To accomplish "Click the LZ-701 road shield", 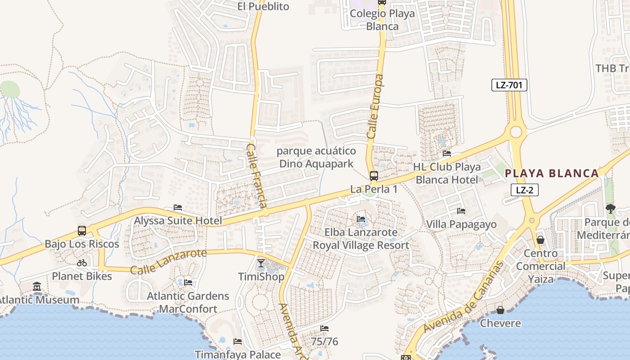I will coord(509,85).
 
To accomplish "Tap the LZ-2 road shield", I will coord(524,190).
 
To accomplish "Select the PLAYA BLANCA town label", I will coord(552,173).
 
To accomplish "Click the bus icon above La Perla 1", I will coord(373,175).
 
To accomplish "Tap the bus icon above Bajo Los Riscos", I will coord(82,230).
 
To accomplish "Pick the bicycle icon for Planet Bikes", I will coord(82,263).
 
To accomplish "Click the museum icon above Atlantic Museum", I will coord(37,286).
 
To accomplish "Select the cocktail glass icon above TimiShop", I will coord(261,263).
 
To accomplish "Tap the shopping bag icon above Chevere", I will coord(500,310).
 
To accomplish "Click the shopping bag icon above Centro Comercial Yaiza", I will coord(540,240).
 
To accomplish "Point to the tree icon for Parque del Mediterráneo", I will coord(611,208).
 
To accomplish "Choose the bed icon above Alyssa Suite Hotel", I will coord(178,207).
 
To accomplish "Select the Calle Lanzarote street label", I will coord(168,261).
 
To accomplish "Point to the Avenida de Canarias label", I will coord(462,298).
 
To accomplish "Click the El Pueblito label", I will coord(263,6).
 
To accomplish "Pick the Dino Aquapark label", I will coord(317,164).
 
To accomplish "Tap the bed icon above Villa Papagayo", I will coord(461,211).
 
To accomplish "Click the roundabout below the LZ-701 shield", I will coord(516,132).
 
